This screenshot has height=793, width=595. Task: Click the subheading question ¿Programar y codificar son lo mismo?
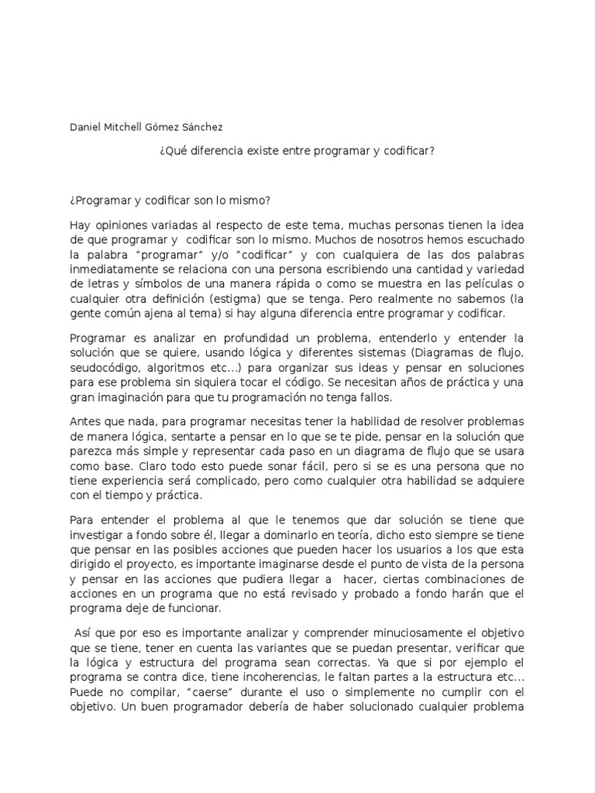pyautogui.click(x=170, y=201)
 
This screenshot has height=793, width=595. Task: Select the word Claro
pyautogui.click(x=158, y=467)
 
